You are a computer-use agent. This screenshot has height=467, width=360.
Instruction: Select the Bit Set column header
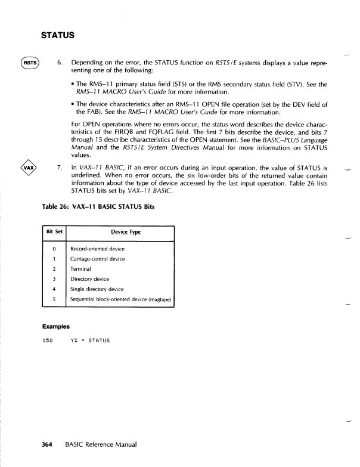tap(55, 230)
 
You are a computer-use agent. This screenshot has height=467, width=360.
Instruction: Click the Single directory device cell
tap(96, 289)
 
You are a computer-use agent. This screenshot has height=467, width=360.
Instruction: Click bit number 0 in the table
tap(54, 248)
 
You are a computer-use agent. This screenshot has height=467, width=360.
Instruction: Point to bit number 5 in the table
tap(54, 299)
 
